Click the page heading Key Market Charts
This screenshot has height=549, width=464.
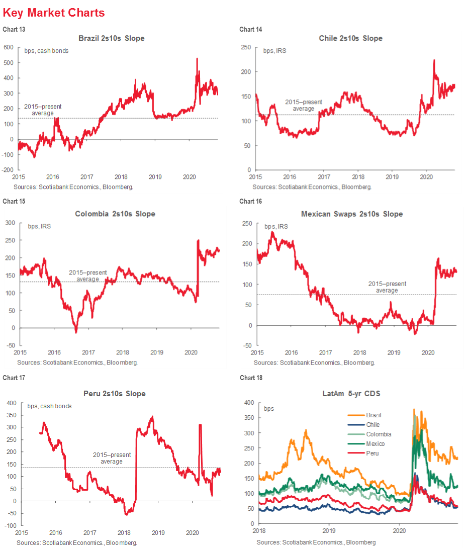click(x=54, y=13)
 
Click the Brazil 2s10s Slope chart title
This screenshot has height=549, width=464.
click(x=111, y=38)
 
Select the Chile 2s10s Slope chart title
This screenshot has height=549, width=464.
click(x=350, y=38)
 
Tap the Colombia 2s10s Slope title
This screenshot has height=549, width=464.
click(x=115, y=214)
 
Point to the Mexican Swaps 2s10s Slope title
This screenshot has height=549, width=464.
click(x=352, y=214)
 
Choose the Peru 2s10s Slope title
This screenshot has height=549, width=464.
click(x=115, y=394)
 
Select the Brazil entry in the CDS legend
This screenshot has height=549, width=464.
click(x=373, y=415)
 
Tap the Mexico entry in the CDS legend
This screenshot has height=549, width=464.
click(x=375, y=443)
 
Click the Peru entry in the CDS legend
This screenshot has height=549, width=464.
click(x=372, y=453)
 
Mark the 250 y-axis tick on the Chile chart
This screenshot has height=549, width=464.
click(x=245, y=47)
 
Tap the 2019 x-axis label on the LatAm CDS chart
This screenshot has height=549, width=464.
click(x=328, y=530)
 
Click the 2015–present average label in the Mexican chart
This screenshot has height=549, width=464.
click(x=387, y=287)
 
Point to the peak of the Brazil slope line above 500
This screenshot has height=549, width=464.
click(x=197, y=58)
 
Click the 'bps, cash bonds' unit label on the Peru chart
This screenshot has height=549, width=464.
click(x=49, y=406)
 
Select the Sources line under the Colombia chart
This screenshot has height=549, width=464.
click(x=77, y=362)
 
